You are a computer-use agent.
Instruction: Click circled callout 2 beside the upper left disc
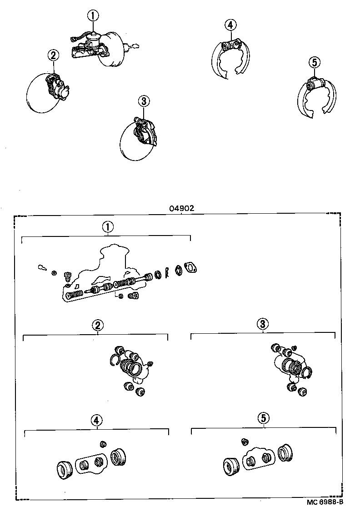(54, 55)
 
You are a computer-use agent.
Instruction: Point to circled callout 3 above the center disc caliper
(143, 100)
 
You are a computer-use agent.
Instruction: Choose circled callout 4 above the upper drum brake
(230, 25)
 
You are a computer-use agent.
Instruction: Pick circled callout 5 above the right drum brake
(314, 62)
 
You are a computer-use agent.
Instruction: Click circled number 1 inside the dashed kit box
(107, 227)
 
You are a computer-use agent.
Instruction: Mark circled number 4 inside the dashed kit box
(96, 420)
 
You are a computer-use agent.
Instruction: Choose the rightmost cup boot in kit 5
(285, 452)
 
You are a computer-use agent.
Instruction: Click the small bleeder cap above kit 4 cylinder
(103, 443)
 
